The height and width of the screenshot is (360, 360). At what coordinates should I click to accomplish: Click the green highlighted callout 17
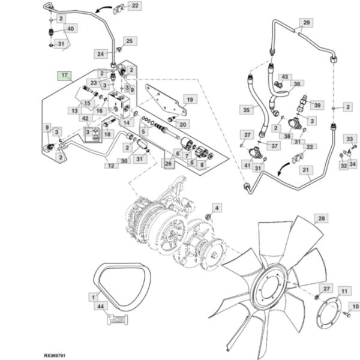(65, 76)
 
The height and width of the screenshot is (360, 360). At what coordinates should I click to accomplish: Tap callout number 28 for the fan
(322, 218)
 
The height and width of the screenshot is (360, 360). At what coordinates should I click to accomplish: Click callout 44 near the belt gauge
(101, 306)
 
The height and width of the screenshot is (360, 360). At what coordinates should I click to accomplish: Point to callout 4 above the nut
(217, 208)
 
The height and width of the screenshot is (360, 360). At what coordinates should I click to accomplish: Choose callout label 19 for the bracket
(190, 100)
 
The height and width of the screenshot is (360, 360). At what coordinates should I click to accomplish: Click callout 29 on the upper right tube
(306, 23)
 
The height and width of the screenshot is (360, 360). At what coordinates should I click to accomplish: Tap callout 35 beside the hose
(246, 110)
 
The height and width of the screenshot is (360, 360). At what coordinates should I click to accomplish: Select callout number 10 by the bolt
(355, 307)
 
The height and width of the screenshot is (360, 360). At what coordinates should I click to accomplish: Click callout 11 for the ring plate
(344, 291)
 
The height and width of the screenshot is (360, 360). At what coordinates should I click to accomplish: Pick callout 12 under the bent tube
(111, 166)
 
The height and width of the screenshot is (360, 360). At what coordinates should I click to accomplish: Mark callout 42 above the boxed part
(85, 118)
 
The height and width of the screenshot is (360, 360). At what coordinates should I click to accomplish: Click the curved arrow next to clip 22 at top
(103, 9)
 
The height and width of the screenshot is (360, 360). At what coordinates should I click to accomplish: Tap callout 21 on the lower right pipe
(305, 170)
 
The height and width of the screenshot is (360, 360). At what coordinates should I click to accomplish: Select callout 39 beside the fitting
(317, 105)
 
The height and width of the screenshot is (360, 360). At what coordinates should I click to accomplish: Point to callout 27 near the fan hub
(326, 289)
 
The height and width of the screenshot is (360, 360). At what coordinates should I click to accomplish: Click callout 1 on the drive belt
(93, 297)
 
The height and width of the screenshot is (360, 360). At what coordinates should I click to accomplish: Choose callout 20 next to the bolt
(182, 124)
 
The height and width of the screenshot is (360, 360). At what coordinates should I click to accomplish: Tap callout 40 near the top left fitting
(70, 28)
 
